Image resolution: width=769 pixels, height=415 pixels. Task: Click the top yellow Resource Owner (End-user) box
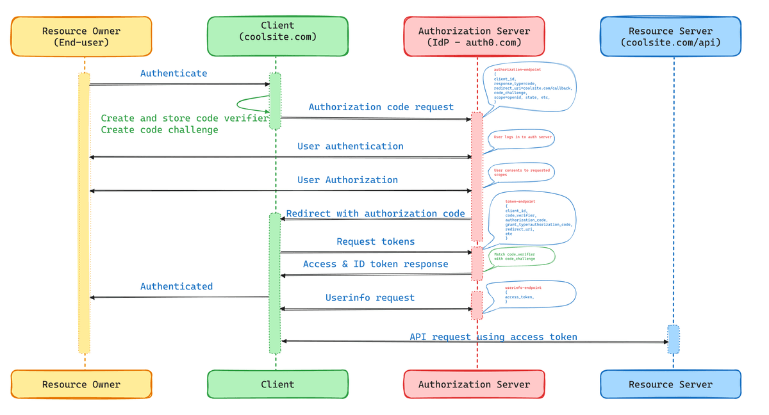click(x=81, y=37)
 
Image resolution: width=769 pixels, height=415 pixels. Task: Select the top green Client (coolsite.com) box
click(x=277, y=37)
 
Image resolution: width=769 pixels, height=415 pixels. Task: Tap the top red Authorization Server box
click(x=474, y=37)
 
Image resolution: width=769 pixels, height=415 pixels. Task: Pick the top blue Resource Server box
click(x=670, y=37)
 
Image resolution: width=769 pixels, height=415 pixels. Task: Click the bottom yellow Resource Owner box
click(x=81, y=384)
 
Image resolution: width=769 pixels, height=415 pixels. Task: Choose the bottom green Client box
click(x=277, y=384)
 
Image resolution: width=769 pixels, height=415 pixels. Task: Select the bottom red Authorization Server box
click(x=474, y=384)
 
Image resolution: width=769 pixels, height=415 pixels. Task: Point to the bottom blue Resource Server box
click(x=670, y=384)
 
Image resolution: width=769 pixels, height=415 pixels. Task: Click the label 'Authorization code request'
click(x=381, y=107)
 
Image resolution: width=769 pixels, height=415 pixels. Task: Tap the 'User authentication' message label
click(x=350, y=147)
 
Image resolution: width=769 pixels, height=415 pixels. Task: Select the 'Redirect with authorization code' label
click(x=376, y=213)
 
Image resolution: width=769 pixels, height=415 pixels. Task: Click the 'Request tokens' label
click(x=376, y=241)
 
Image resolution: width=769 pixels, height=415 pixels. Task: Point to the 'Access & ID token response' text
click(x=376, y=264)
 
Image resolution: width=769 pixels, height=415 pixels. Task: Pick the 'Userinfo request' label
click(x=370, y=298)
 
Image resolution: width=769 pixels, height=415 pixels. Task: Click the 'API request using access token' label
click(x=493, y=337)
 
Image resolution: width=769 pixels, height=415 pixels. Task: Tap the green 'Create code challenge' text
click(x=160, y=130)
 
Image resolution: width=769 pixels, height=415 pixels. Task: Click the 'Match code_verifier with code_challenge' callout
click(x=520, y=256)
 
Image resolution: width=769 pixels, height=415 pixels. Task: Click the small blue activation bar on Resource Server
click(x=674, y=339)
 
